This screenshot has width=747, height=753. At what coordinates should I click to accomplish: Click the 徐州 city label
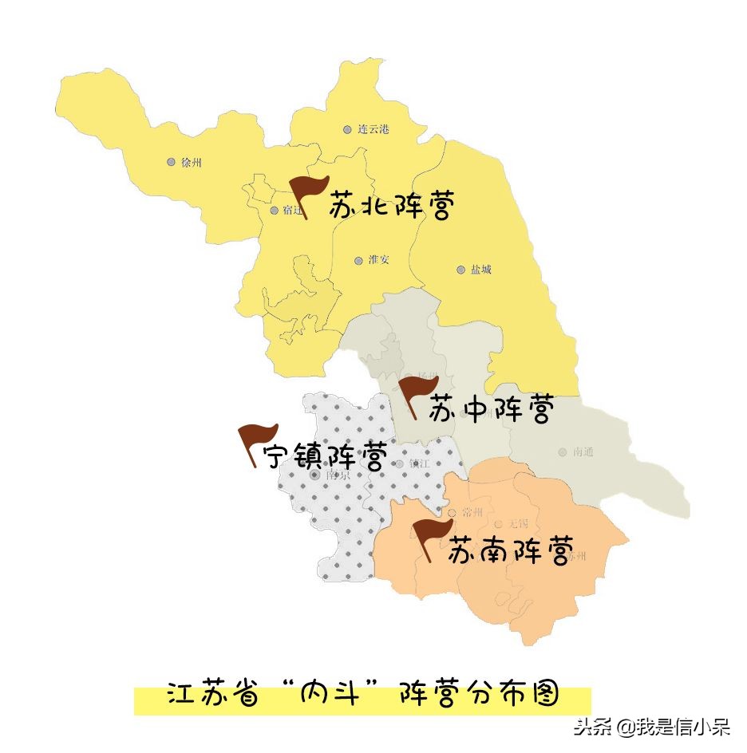tap(192, 163)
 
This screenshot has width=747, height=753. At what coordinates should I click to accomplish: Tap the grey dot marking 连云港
tap(347, 129)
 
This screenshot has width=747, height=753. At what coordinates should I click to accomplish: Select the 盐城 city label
tap(480, 270)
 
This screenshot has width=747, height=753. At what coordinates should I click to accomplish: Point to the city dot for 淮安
tap(358, 260)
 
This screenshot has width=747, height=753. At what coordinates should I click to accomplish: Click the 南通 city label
tap(583, 451)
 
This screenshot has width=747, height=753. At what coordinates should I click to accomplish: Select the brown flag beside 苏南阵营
tap(432, 537)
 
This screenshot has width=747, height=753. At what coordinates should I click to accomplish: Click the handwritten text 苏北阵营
tap(392, 207)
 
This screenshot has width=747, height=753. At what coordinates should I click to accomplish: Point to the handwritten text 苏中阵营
tap(490, 410)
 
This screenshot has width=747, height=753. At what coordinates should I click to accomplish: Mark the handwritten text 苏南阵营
tap(510, 551)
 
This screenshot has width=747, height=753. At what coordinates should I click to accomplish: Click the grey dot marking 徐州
tap(171, 162)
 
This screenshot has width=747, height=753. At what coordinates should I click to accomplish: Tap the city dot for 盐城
tap(460, 270)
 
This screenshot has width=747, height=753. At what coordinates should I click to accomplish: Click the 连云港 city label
tap(373, 129)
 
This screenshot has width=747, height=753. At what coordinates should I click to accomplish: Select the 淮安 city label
tap(378, 260)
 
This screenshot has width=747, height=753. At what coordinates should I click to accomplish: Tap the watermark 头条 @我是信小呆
tap(652, 727)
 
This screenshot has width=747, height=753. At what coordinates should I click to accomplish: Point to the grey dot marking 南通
tap(563, 451)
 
